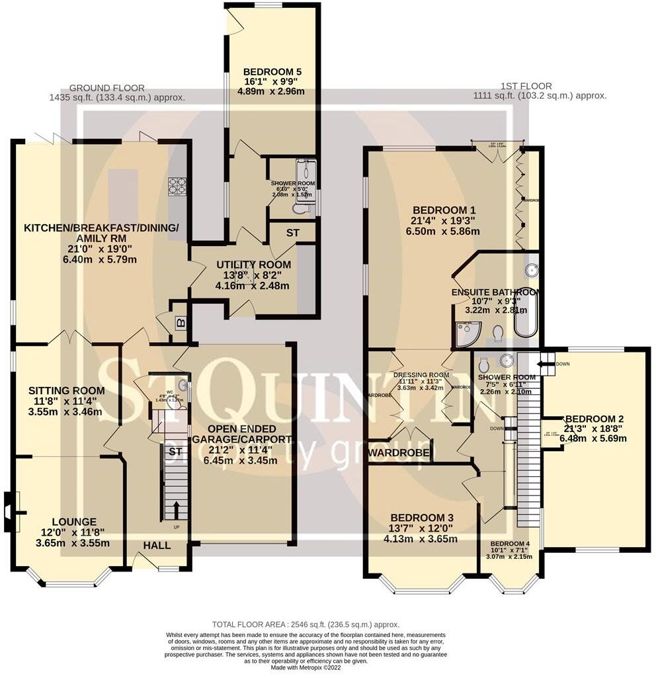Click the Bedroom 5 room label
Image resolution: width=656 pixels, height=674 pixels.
click(271, 72)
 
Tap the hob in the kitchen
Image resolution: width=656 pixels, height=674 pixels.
click(177, 187)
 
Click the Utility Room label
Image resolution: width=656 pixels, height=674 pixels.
click(253, 265)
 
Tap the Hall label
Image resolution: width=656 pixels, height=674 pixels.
click(157, 546)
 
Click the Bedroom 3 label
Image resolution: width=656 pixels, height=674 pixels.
click(421, 517)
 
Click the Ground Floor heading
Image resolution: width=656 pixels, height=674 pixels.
click(106, 88)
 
